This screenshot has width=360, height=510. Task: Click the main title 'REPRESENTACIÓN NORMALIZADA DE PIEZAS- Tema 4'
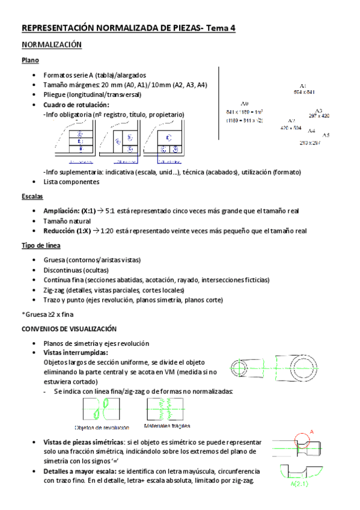coord(128,28)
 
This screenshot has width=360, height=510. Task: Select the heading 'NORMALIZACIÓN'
coord(51,45)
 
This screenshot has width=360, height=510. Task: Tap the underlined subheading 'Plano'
coord(30,61)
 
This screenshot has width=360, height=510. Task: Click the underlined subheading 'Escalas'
coord(32,197)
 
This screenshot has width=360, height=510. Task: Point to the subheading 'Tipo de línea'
coord(40,245)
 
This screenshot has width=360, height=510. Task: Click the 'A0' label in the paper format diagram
coord(244,103)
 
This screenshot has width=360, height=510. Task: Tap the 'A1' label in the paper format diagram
coord(303,85)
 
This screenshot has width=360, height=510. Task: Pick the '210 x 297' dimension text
coord(310,143)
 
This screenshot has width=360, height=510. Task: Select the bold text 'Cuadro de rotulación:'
coord(76,105)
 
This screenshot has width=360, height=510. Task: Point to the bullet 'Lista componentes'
coord(71,182)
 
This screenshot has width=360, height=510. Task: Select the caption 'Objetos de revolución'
coord(102,428)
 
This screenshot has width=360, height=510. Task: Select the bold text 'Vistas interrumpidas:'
coord(76,353)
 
